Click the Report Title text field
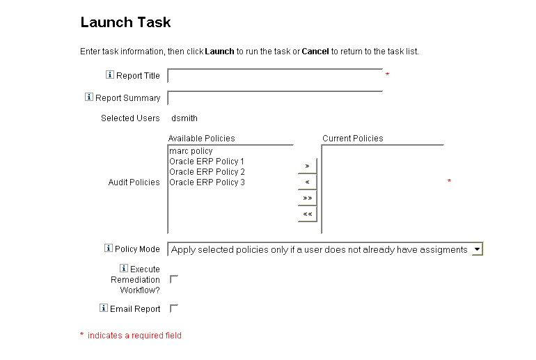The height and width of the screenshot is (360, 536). click(x=275, y=75)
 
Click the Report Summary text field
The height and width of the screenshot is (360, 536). click(x=275, y=98)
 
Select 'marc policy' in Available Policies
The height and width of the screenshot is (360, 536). click(x=191, y=151)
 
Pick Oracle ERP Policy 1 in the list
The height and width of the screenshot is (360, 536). click(x=207, y=162)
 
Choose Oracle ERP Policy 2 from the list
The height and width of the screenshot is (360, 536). click(x=207, y=172)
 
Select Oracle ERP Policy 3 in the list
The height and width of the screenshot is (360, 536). click(x=207, y=182)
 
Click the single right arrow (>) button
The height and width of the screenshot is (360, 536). click(x=307, y=166)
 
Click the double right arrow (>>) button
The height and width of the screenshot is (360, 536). click(x=307, y=198)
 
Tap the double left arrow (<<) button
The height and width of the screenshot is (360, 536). click(x=307, y=214)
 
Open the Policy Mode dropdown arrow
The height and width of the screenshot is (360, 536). click(x=476, y=249)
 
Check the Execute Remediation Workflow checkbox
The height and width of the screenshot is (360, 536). click(x=174, y=279)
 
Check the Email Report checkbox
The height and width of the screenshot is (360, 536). click(x=174, y=308)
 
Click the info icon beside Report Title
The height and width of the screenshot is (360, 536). click(x=110, y=75)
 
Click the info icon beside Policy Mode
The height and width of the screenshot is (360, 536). click(x=109, y=249)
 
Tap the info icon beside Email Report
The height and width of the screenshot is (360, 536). click(x=104, y=308)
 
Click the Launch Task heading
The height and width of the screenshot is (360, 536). click(x=125, y=22)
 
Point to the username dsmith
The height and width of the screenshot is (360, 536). click(x=184, y=118)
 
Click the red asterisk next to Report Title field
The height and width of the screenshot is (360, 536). click(x=388, y=75)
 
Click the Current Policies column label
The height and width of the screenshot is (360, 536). click(x=352, y=139)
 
